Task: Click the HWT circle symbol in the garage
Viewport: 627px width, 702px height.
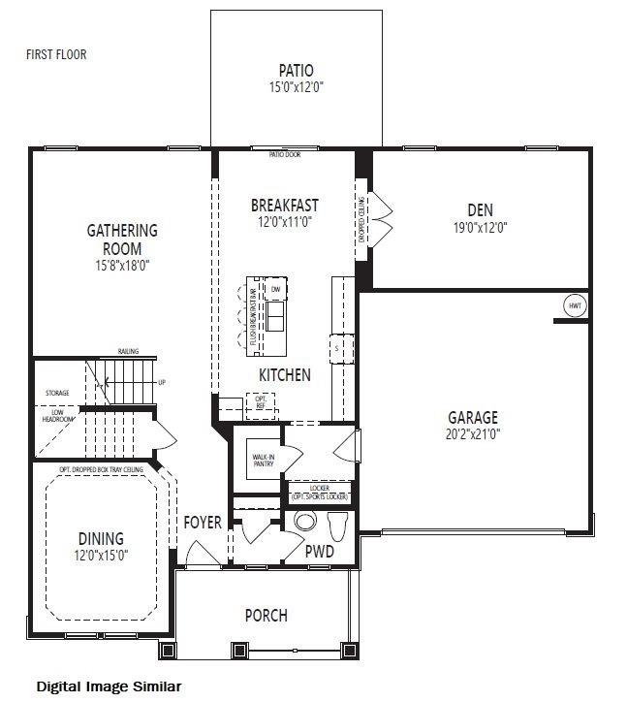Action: tap(575, 305)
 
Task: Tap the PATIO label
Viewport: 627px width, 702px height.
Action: tap(296, 70)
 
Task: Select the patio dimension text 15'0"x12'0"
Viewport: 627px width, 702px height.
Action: tap(296, 87)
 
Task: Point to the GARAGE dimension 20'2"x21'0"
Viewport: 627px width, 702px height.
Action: tap(472, 433)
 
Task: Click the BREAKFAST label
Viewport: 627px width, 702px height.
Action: tap(284, 206)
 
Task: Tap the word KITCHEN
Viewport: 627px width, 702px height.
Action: tap(284, 374)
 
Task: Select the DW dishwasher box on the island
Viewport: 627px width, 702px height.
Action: tap(275, 290)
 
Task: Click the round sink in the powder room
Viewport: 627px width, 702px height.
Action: tap(305, 522)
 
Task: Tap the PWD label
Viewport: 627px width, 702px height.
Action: tap(320, 552)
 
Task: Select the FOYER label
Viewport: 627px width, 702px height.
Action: tap(204, 523)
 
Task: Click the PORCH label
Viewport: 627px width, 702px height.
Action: tap(266, 615)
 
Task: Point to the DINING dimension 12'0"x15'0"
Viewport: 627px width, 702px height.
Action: tap(102, 556)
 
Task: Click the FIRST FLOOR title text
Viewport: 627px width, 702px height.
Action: tap(56, 54)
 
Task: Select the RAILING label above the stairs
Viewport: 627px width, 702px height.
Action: tap(128, 351)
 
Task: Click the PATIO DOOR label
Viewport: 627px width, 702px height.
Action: tap(284, 154)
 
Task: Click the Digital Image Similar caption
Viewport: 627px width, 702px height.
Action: tap(109, 686)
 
